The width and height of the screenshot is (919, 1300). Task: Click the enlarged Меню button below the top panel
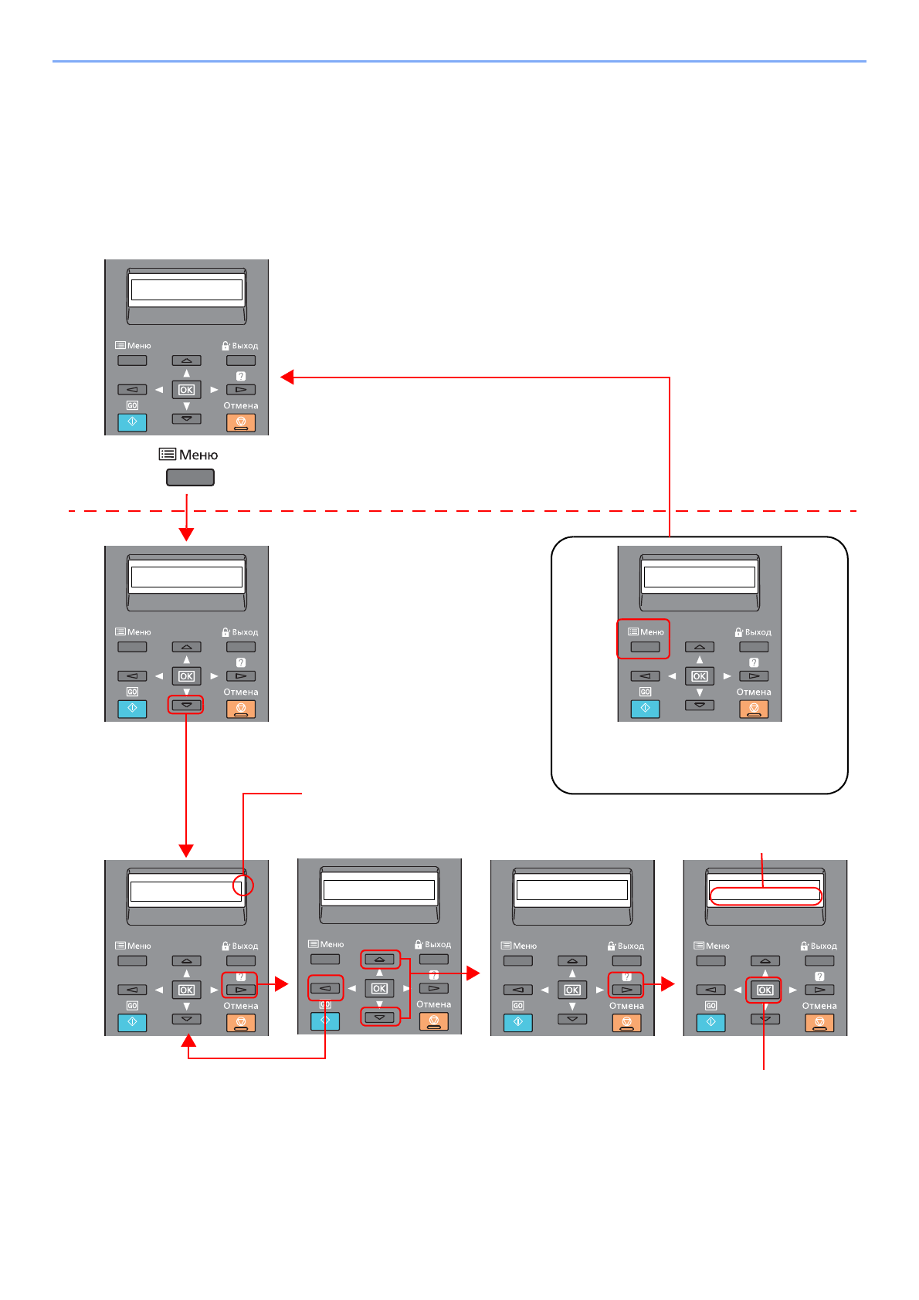[x=190, y=478]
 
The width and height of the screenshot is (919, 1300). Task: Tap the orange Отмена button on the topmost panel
[x=241, y=422]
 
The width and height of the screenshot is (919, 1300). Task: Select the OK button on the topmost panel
[x=187, y=390]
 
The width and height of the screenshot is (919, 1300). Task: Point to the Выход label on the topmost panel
[x=245, y=346]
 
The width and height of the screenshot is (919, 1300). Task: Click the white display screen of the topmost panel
[x=187, y=289]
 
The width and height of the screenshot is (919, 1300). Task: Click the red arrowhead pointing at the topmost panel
[x=288, y=377]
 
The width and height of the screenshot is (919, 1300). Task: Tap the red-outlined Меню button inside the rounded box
[x=645, y=647]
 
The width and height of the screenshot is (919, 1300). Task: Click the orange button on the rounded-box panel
[x=754, y=709]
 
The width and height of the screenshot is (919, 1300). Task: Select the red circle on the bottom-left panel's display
[x=243, y=885]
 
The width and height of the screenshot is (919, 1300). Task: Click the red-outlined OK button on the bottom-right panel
[x=765, y=990]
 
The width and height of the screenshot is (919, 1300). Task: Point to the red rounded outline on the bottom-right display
[x=765, y=895]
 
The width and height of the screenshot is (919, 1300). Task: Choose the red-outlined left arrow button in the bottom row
[x=326, y=988]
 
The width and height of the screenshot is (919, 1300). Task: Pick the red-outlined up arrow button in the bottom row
[x=380, y=960]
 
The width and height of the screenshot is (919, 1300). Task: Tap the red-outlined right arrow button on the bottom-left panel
[x=240, y=990]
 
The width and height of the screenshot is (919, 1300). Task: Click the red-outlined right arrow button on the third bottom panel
[x=626, y=990]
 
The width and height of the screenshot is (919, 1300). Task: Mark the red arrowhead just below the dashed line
[x=186, y=533]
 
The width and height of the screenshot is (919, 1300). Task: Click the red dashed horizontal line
[x=463, y=511]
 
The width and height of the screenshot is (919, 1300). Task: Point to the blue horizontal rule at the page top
[x=459, y=61]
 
